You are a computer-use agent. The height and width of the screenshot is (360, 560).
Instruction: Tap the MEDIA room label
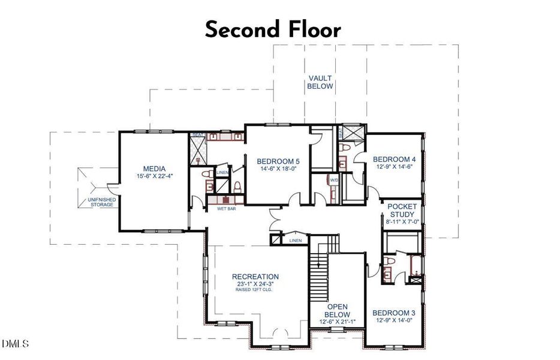point(153,169)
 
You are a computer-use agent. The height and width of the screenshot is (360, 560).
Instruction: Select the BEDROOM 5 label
point(278,161)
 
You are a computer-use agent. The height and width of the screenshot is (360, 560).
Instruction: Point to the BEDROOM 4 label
point(394,159)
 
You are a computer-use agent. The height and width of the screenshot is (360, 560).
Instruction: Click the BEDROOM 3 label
point(393,313)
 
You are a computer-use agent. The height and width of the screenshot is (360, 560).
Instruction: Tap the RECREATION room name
point(255,277)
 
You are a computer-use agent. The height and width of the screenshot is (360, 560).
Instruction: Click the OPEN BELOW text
point(337,310)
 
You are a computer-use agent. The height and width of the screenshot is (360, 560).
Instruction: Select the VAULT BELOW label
point(320,82)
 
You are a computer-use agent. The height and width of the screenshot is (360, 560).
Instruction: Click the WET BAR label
point(218,209)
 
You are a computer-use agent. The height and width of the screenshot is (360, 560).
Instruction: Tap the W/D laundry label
point(333,179)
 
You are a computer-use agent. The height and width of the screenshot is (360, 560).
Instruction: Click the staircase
point(319,270)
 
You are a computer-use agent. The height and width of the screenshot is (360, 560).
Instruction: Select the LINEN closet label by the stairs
point(295,240)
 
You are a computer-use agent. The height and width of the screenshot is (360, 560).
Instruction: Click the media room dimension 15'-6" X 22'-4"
point(153,176)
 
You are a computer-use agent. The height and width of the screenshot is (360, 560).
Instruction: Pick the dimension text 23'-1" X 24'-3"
point(255,284)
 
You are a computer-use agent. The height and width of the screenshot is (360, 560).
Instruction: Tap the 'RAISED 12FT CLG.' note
point(255,291)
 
